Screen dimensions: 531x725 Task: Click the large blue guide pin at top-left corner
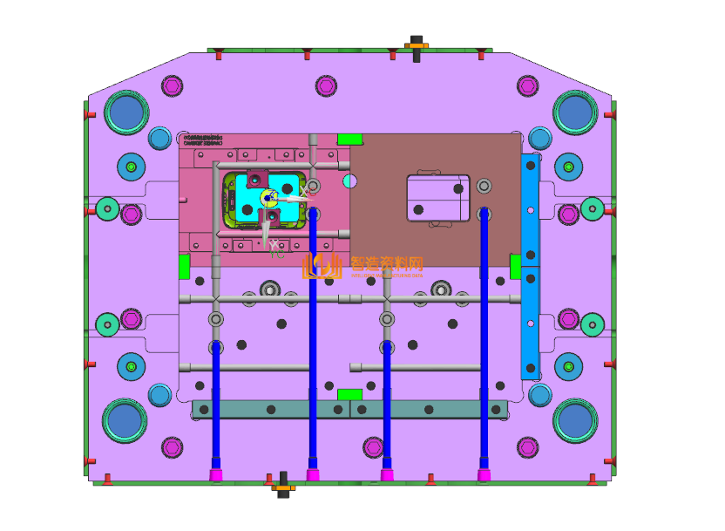click(x=125, y=112)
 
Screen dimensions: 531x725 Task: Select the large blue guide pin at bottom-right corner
click(x=575, y=421)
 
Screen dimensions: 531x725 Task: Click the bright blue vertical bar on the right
click(x=530, y=266)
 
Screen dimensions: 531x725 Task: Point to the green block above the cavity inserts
click(x=349, y=139)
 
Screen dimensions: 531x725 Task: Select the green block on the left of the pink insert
click(x=184, y=266)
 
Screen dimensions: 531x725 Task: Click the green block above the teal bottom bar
click(x=349, y=394)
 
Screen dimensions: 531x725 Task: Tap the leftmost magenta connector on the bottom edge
click(x=215, y=474)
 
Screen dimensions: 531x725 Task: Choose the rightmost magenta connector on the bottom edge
click(x=484, y=474)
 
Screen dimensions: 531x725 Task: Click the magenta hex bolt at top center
click(x=326, y=85)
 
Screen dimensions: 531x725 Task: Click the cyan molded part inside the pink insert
click(x=281, y=201)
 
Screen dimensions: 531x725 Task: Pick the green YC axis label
click(x=275, y=255)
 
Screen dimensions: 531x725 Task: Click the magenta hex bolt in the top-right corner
click(x=526, y=85)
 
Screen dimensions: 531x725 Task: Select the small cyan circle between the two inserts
click(x=349, y=181)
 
